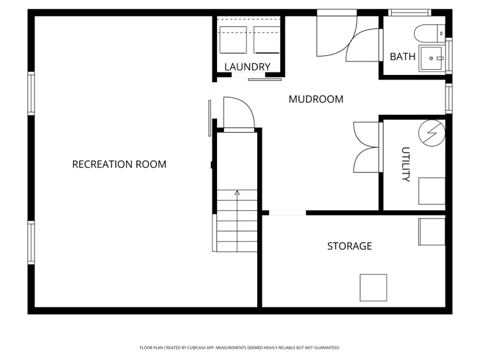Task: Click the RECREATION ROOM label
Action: (x=119, y=164)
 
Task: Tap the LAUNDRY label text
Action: (x=247, y=67)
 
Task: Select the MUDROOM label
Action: (x=316, y=99)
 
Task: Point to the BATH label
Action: (x=403, y=56)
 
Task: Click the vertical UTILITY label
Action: (x=406, y=165)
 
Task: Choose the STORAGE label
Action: (x=349, y=246)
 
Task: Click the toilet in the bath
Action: (x=429, y=33)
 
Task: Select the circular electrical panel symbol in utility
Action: (x=432, y=133)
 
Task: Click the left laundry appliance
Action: (x=233, y=40)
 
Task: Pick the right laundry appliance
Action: (x=267, y=40)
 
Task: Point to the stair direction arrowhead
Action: (x=237, y=193)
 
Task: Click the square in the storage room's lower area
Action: (x=373, y=288)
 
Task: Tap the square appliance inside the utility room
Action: (x=432, y=191)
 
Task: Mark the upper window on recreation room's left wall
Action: (x=31, y=94)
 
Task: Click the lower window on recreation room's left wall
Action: (x=31, y=243)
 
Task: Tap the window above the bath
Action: (x=410, y=13)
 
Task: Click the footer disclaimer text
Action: (x=240, y=348)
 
